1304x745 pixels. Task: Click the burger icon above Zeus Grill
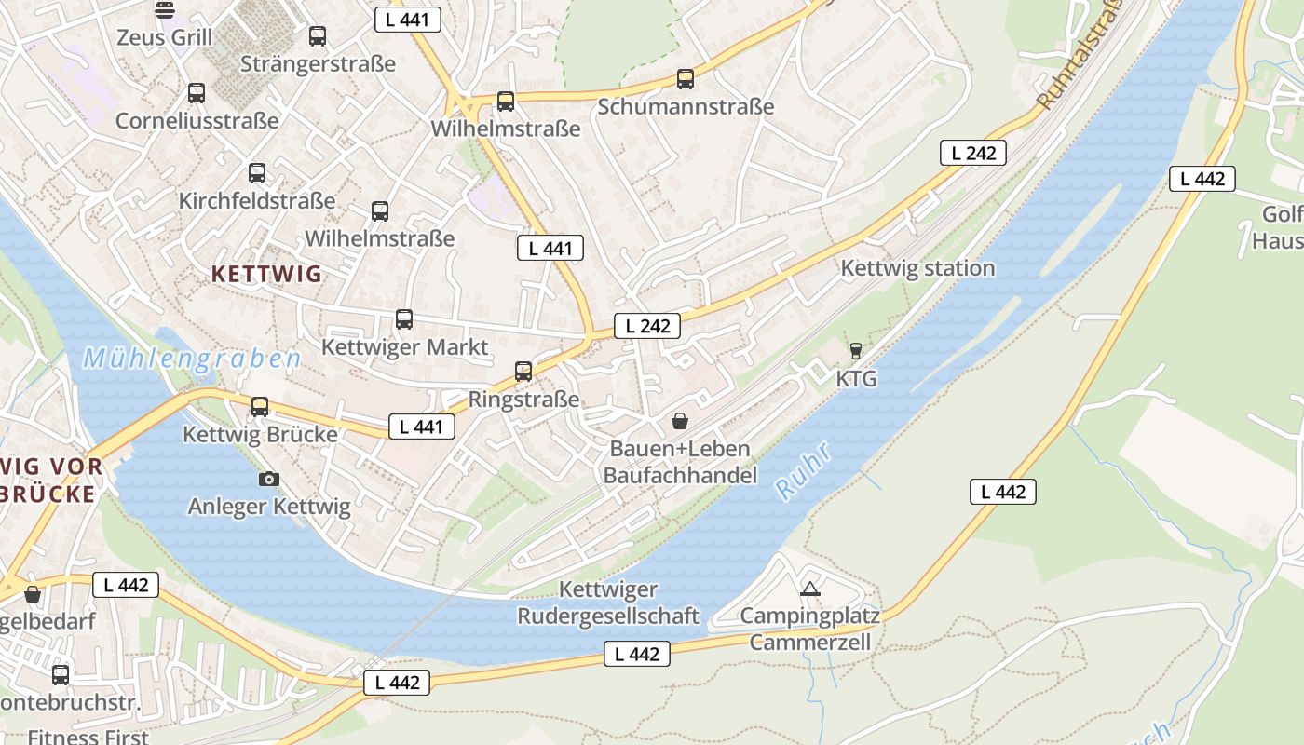point(165,10)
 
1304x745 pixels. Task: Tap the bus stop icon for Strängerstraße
point(318,36)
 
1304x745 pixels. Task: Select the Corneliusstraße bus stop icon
point(197,93)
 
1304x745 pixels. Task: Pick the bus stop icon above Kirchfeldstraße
point(257,173)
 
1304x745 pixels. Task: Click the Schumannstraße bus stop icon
point(686,79)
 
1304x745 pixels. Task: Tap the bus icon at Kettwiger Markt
point(404,319)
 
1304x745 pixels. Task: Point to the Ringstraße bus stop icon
point(523,372)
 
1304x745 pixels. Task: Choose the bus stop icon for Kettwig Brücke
point(260,407)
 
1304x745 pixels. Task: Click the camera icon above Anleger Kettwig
point(269,479)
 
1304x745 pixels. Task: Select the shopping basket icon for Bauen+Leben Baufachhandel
point(680,422)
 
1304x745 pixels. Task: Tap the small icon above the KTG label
point(856,351)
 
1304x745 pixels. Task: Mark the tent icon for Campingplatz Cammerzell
point(810,589)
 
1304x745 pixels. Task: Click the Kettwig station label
point(917,268)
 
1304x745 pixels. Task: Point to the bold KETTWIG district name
point(266,274)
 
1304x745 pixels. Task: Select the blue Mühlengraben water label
point(192,359)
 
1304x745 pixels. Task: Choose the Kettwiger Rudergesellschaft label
point(608,603)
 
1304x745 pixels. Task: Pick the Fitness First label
point(88,736)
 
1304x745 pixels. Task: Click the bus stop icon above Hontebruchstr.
point(61,675)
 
